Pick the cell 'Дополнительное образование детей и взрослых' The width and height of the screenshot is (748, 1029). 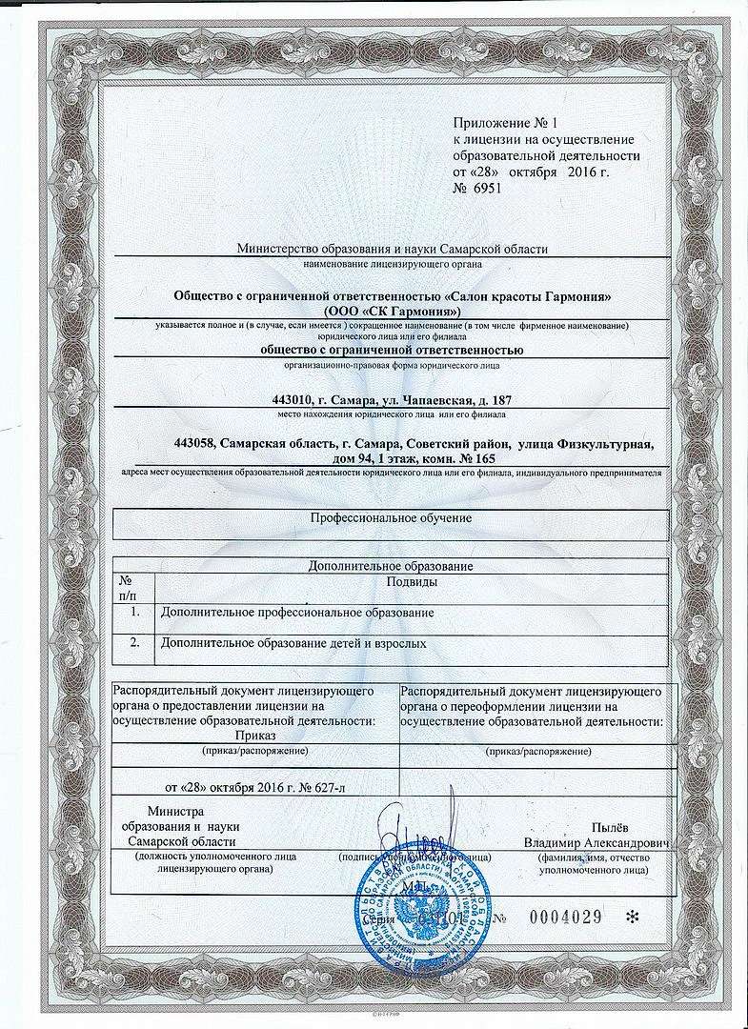tap(293, 644)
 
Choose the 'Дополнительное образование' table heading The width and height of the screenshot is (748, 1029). tap(392, 566)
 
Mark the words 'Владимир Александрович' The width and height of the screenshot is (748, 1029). tap(596, 843)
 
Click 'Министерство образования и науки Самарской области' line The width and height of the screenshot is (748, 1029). tap(393, 250)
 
